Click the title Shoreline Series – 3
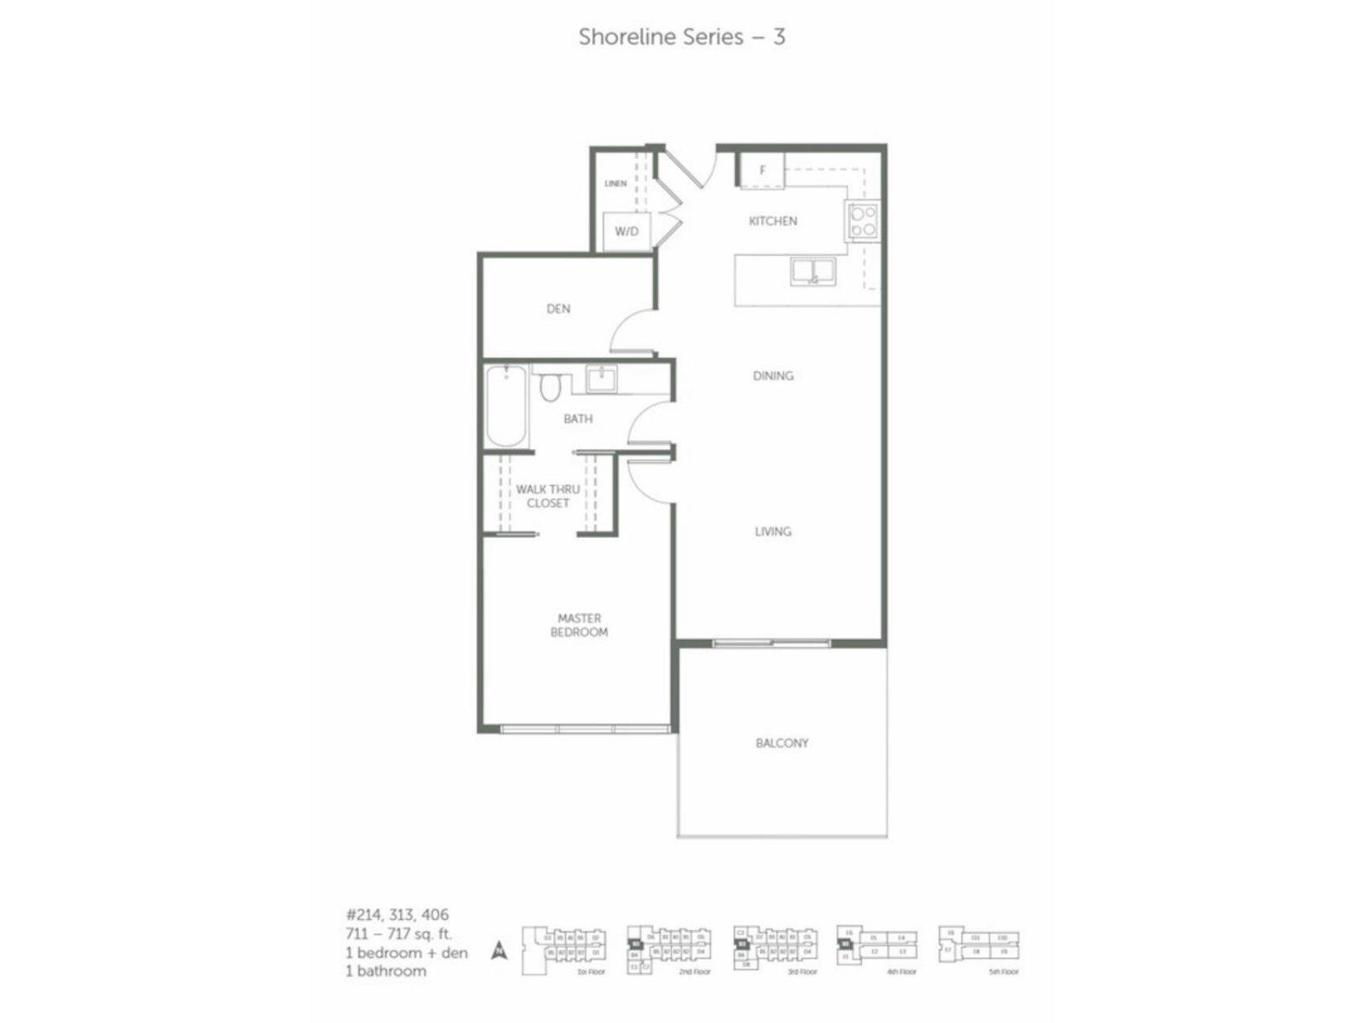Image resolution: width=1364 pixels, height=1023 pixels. tap(681, 37)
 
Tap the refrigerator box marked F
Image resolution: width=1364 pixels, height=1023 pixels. tap(761, 170)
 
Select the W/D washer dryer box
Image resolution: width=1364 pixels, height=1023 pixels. tap(627, 231)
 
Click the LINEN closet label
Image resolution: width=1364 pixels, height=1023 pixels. tap(616, 183)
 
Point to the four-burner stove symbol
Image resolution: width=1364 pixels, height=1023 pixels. tap(862, 221)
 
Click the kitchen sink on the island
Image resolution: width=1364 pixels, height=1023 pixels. tap(812, 271)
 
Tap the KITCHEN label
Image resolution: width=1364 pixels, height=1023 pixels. tap(772, 221)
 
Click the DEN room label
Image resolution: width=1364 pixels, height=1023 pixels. tap(558, 309)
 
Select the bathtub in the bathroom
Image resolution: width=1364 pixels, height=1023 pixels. tap(506, 405)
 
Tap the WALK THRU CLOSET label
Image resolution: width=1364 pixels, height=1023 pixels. tap(547, 496)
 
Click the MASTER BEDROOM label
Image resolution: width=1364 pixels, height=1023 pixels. tap(579, 625)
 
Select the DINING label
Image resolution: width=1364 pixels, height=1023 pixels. tap(772, 375)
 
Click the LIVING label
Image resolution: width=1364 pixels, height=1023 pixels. tap(772, 531)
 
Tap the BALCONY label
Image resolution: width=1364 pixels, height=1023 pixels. tap(781, 743)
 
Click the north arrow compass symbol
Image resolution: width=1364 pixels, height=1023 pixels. tap(500, 950)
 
